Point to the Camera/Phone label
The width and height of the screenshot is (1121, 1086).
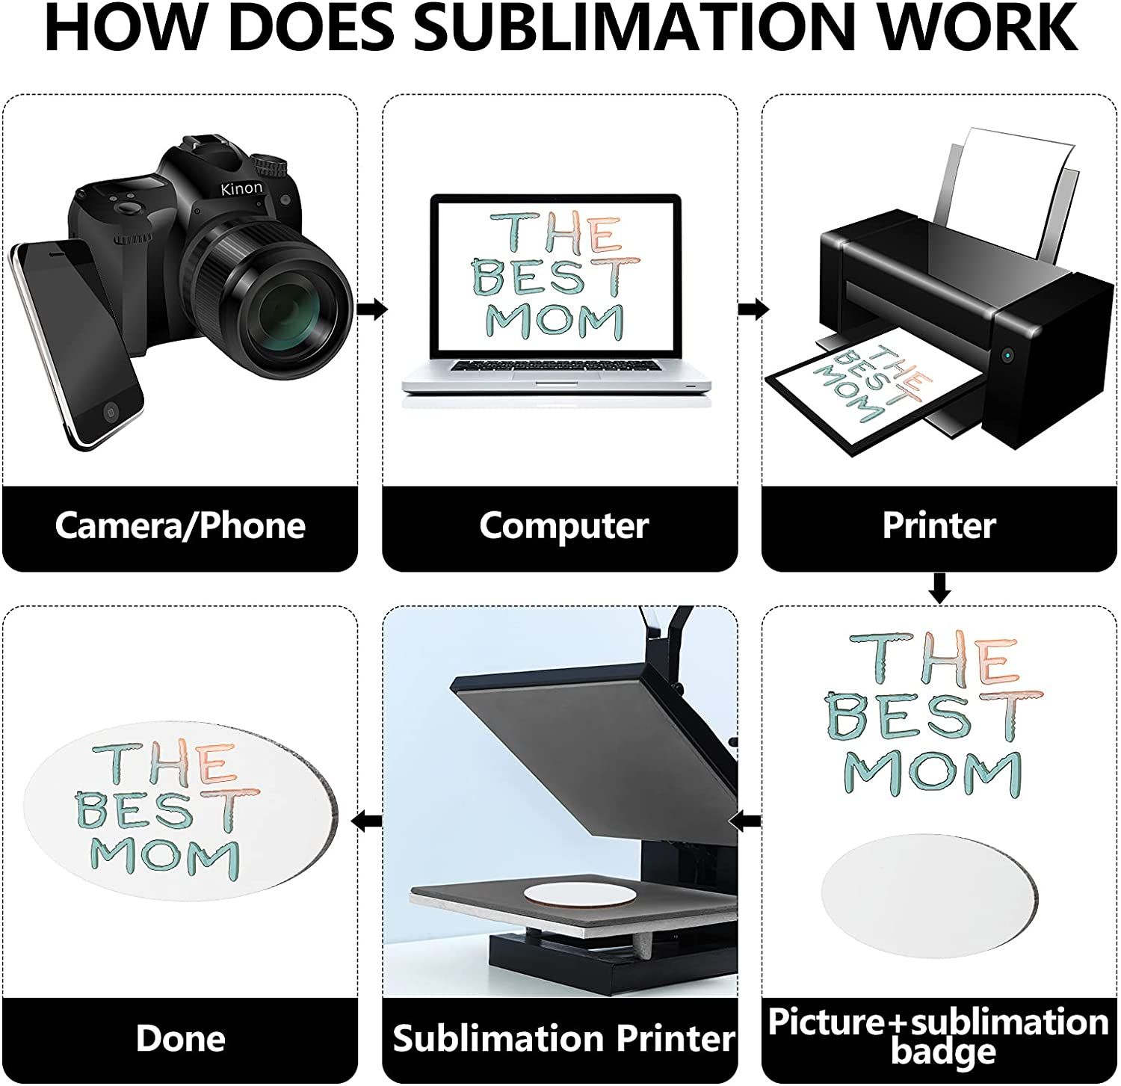(x=180, y=526)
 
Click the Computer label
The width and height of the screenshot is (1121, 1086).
(x=563, y=526)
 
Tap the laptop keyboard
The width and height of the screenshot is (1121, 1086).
(x=557, y=368)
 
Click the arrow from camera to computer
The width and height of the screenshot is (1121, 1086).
(x=371, y=309)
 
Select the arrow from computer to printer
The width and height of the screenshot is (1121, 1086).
(x=752, y=309)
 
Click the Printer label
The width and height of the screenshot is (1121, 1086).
(x=939, y=526)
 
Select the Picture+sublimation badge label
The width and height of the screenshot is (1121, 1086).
(x=939, y=1036)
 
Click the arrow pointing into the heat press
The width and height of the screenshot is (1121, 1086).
(x=744, y=822)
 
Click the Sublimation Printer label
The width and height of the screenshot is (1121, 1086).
(x=563, y=1039)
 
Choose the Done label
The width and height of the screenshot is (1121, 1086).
(x=180, y=1039)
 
